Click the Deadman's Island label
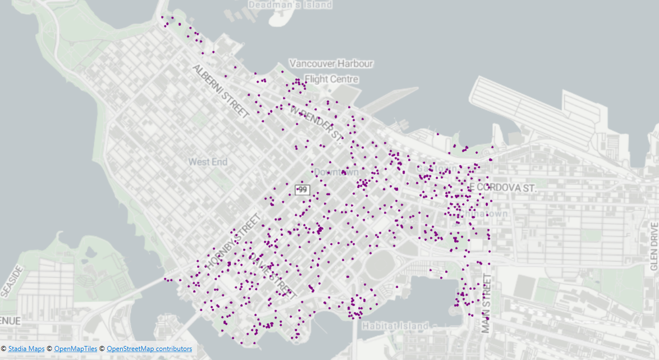pos(290,4)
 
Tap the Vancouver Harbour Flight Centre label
pos(331,71)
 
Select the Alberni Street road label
pos(221,91)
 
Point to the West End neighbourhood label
pos(208,162)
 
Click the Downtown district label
pos(336,171)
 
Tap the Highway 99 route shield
pos(302,190)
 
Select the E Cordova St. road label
pos(503,188)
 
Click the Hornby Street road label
pos(233,240)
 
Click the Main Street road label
pos(487,304)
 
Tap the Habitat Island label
pos(395,326)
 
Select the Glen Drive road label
pos(654,247)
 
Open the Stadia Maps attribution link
pos(26,349)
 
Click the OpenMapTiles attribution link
pos(76,349)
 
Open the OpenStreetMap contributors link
pos(149,349)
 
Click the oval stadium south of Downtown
pos(382,263)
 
